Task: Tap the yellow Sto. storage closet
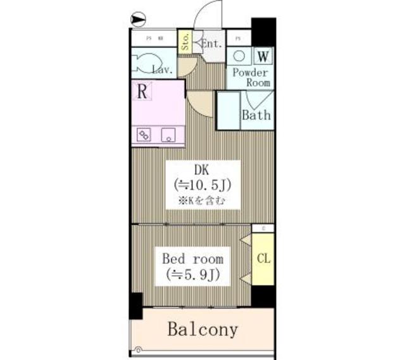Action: [x=185, y=42]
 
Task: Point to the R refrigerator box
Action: [x=144, y=91]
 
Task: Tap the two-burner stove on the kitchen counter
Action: [x=145, y=134]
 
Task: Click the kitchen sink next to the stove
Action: [x=169, y=133]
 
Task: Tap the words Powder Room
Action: [x=251, y=77]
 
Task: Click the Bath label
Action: [x=257, y=115]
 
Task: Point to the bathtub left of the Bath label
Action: [x=228, y=111]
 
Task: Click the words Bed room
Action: [x=192, y=259]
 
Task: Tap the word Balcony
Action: [x=202, y=329]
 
